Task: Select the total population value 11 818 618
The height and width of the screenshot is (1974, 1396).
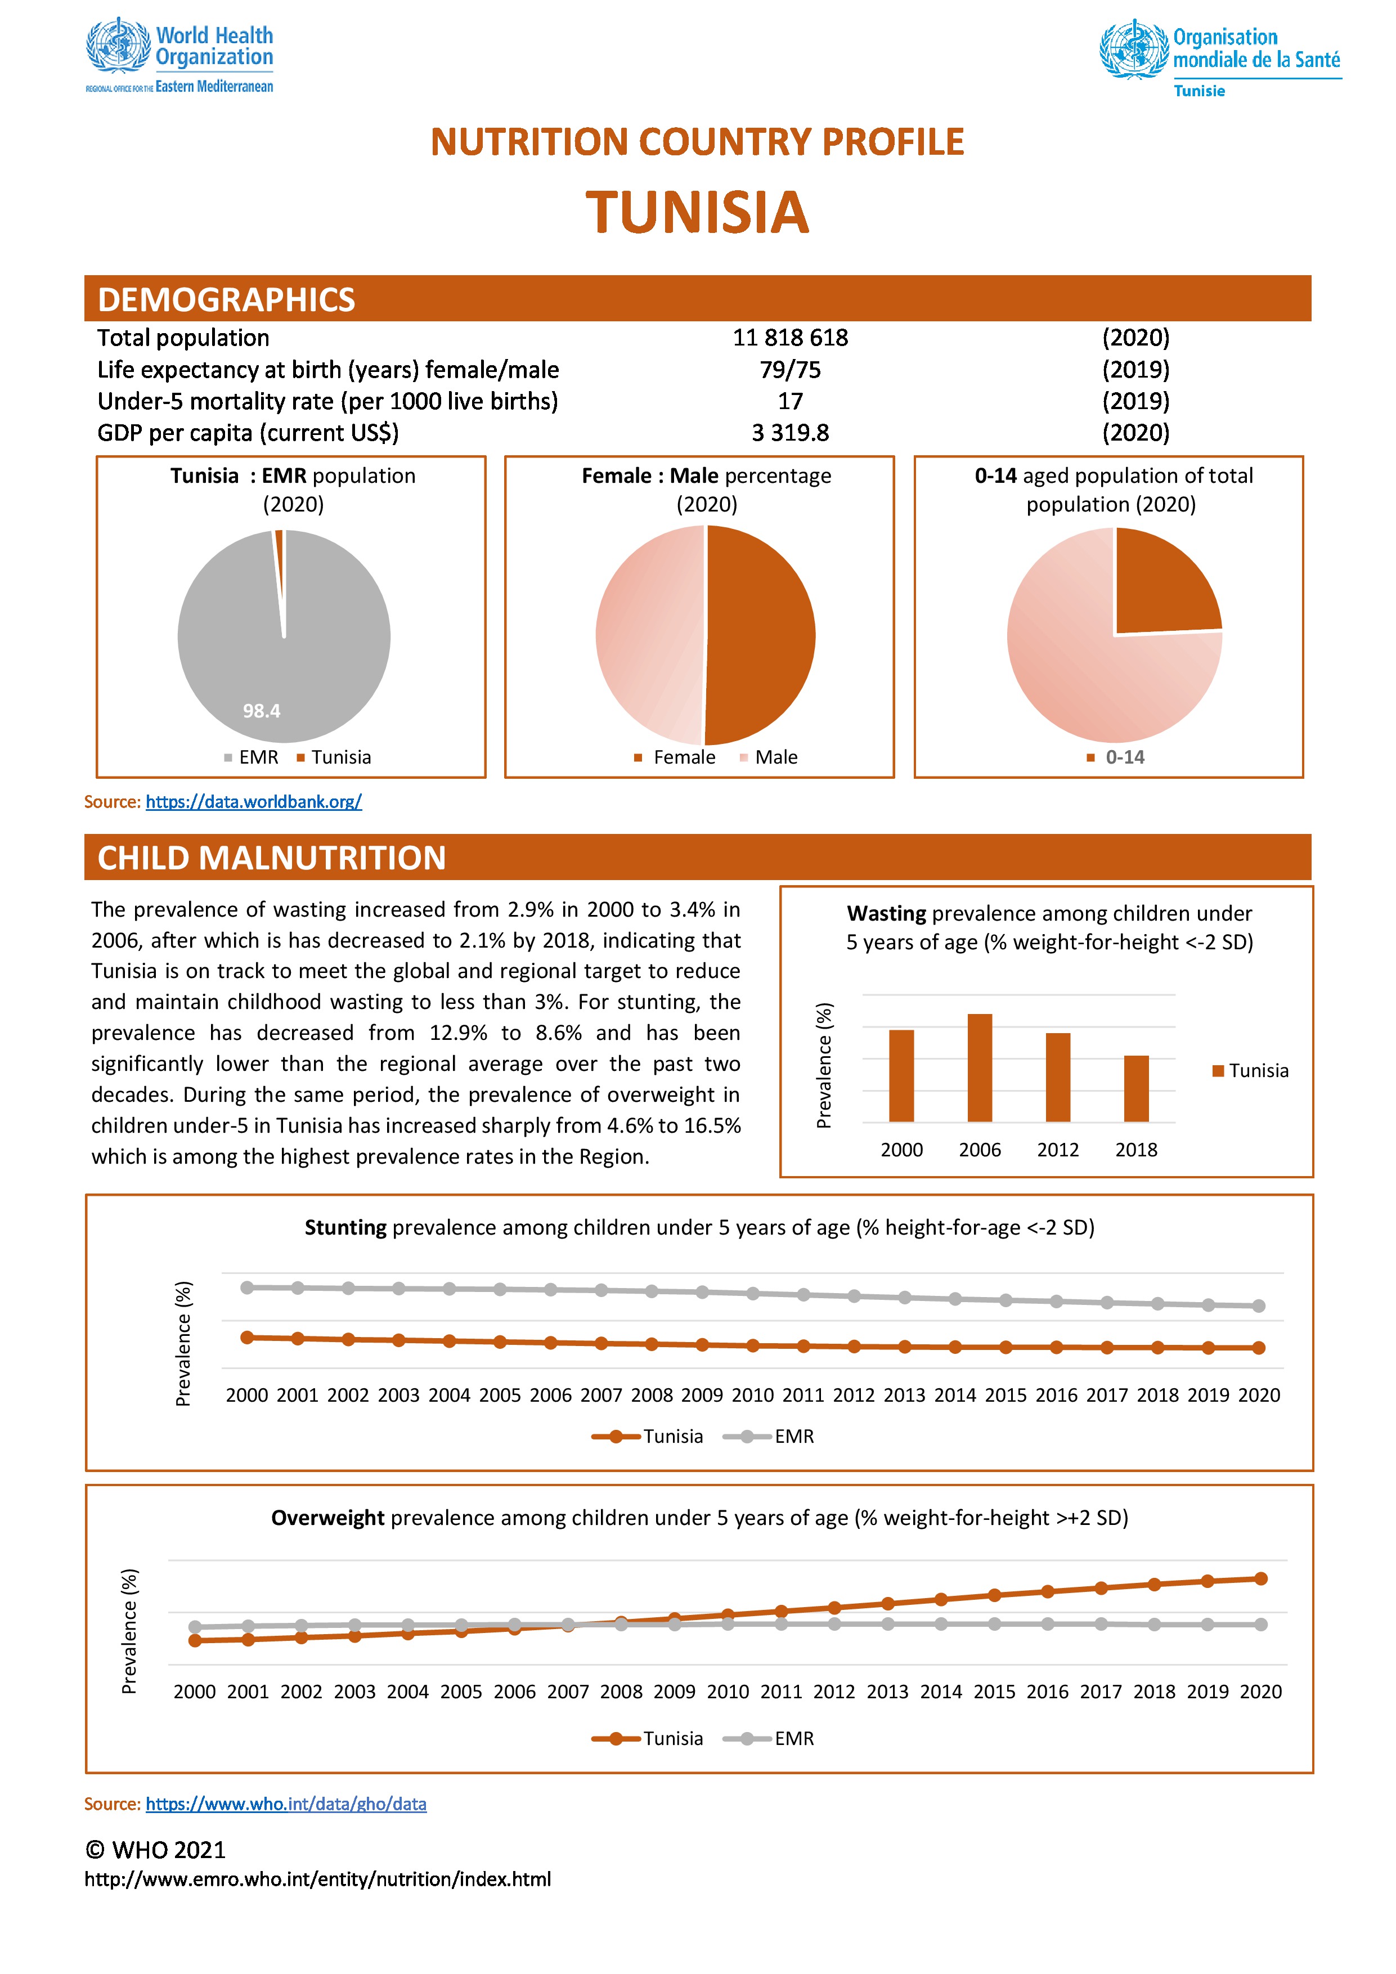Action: [x=790, y=338]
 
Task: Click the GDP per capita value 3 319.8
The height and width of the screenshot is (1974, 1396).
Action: [x=790, y=433]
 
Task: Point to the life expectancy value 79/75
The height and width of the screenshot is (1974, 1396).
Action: [x=790, y=370]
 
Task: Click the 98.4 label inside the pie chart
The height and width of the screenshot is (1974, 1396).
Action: [x=261, y=711]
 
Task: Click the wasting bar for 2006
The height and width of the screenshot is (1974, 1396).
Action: [x=980, y=1068]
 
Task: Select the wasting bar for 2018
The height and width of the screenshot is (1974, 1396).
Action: [x=1137, y=1088]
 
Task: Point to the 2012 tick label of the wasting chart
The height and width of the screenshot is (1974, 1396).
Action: [x=1058, y=1150]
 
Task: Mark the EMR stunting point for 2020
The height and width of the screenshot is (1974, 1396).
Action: [x=1259, y=1306]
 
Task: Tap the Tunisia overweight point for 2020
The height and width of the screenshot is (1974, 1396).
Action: [x=1261, y=1578]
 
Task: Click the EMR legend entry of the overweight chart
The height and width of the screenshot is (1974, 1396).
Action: [x=769, y=1738]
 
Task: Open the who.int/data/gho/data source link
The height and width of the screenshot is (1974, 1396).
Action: [x=286, y=1803]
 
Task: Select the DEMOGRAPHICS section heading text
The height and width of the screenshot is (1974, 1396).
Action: [x=226, y=299]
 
